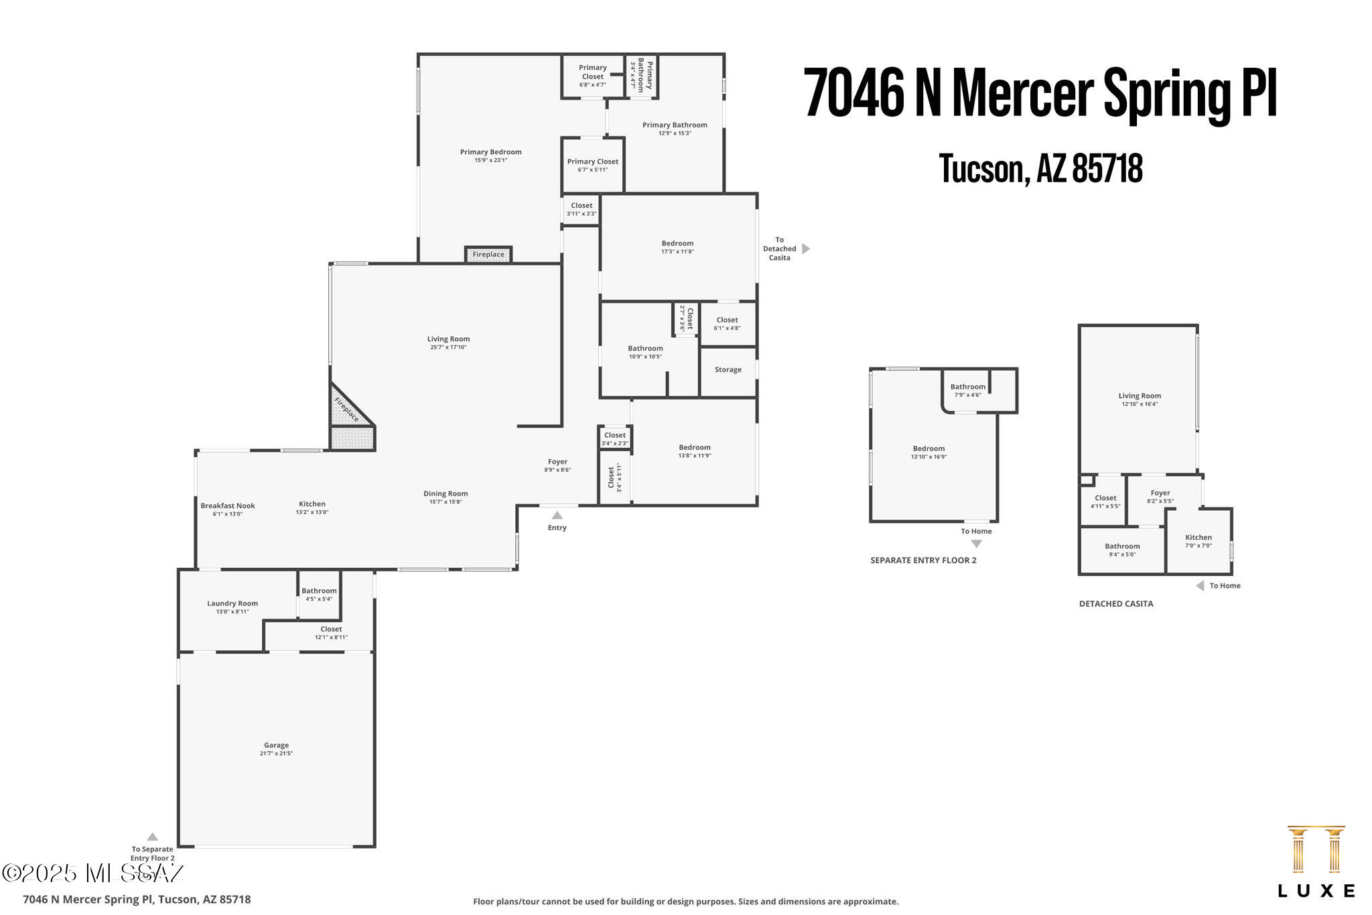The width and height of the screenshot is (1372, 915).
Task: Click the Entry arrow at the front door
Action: click(x=557, y=515)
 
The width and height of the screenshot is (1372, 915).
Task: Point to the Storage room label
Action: click(x=728, y=369)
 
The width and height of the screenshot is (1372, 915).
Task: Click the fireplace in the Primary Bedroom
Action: click(x=488, y=255)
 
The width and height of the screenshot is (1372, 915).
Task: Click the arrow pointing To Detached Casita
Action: click(x=806, y=249)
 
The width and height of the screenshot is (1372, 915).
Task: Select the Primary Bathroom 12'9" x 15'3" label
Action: click(x=675, y=129)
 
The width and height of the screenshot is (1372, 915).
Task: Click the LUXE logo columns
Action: click(x=1316, y=849)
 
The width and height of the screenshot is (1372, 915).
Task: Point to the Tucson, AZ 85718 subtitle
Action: click(x=1040, y=168)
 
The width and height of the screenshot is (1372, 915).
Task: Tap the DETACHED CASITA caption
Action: click(x=1116, y=603)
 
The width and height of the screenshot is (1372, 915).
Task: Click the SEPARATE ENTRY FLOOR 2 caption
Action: click(x=923, y=560)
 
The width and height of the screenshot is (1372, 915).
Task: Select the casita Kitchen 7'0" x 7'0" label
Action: click(x=1198, y=541)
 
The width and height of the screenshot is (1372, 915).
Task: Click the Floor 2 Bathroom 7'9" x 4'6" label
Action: click(x=968, y=390)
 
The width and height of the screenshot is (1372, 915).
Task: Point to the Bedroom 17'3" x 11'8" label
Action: click(x=677, y=247)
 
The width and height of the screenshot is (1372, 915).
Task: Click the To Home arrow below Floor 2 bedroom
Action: click(x=976, y=544)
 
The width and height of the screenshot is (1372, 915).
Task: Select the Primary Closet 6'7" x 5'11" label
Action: click(x=593, y=165)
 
